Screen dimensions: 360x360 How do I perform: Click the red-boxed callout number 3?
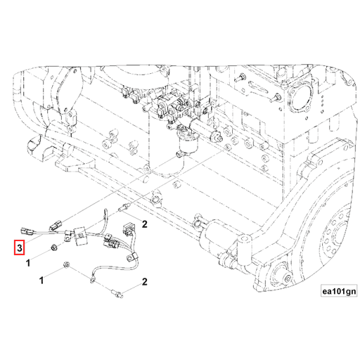20,247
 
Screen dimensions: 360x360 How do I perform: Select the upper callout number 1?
27,262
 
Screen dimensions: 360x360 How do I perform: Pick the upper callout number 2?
143,224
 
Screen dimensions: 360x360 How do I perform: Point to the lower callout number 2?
143,281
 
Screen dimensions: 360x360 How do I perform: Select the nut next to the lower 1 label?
65,265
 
